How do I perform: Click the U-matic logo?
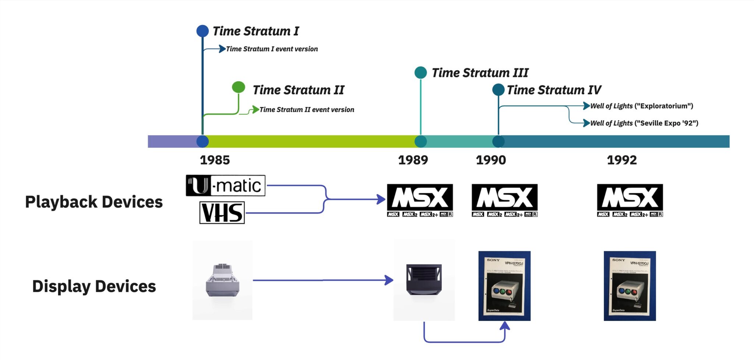[x=225, y=186]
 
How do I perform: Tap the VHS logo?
[x=222, y=213]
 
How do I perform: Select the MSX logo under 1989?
[x=420, y=200]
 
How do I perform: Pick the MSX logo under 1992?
[x=630, y=200]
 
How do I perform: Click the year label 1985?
[x=215, y=160]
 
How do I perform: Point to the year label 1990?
[x=491, y=160]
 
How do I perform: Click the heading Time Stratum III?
[x=480, y=73]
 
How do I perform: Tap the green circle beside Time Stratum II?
[x=239, y=87]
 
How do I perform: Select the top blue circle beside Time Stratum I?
[x=202, y=31]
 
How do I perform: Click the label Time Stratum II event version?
[x=307, y=110]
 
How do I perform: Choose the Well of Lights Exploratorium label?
[x=641, y=106]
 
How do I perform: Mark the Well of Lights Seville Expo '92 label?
[x=644, y=123]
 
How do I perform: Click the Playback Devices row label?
[x=94, y=202]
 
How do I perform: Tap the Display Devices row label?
[x=94, y=286]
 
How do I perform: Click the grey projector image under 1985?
[x=222, y=280]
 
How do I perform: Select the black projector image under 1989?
[x=424, y=280]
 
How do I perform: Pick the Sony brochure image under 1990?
[x=504, y=286]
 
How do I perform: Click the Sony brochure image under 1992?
[x=630, y=286]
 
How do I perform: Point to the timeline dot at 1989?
[x=420, y=141]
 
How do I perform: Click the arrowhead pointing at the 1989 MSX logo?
[x=381, y=200]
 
